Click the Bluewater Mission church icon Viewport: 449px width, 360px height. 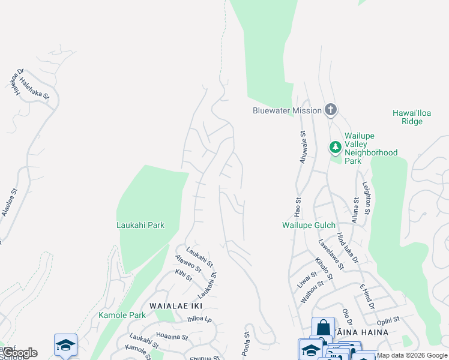click(x=330, y=110)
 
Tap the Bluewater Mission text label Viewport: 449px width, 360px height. click(x=288, y=110)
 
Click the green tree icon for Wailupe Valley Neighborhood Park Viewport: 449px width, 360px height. click(x=335, y=147)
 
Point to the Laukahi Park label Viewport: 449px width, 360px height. click(x=140, y=225)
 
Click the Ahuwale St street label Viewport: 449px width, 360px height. click(x=303, y=146)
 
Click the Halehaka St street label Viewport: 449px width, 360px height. click(x=34, y=87)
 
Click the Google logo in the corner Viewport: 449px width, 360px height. click(x=20, y=353)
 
